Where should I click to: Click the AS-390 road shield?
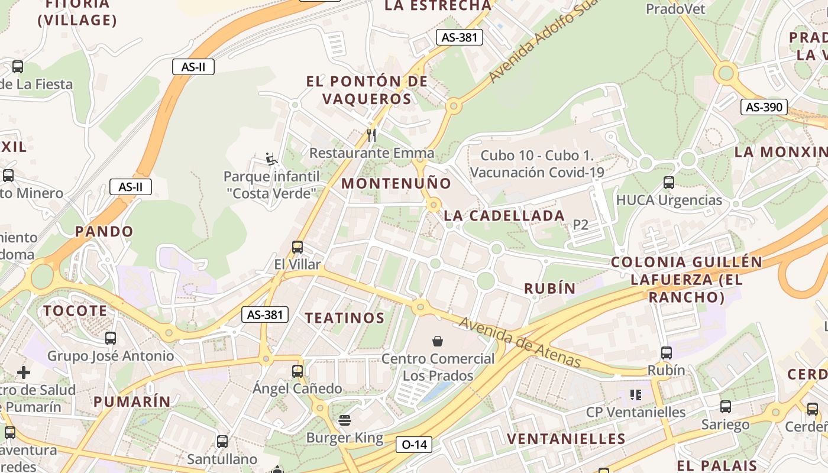pos(764,107)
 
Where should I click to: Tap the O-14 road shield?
pos(414,444)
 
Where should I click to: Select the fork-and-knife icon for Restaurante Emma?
pos(371,135)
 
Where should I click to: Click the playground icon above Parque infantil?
pos(271,158)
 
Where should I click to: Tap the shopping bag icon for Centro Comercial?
pos(438,341)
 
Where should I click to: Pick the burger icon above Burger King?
pos(345,420)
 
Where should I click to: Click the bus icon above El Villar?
pos(297,247)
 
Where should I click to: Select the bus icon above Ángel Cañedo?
pos(297,371)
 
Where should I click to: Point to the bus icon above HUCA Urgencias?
pos(669,183)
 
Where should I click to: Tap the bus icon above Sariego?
pos(726,407)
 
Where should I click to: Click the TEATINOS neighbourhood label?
pos(345,318)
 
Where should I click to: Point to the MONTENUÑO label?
pos(396,183)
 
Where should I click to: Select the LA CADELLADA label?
pos(504,216)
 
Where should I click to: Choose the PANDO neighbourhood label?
pos(104,231)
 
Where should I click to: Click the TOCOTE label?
pos(75,310)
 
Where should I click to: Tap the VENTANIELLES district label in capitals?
pos(566,439)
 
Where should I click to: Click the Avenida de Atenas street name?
pos(520,342)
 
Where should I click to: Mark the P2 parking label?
pos(581,225)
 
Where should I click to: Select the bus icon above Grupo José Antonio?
pos(111,338)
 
